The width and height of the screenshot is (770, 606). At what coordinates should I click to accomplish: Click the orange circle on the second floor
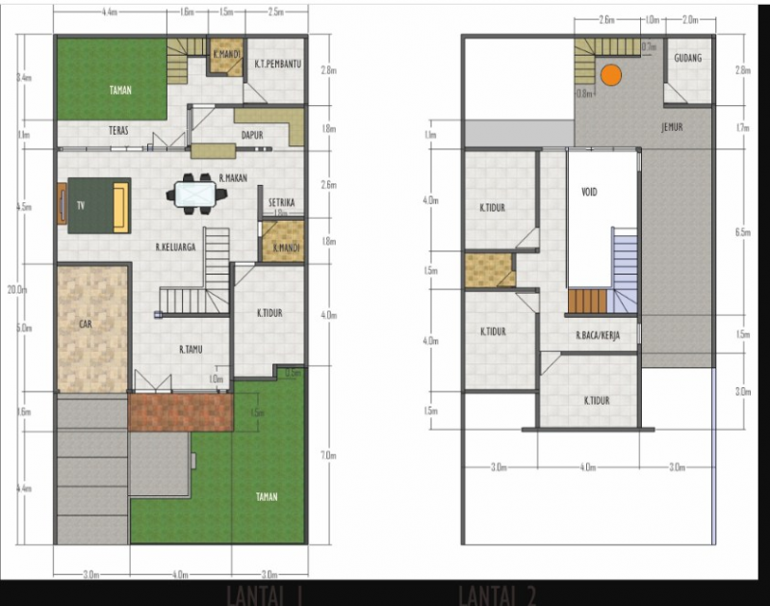click(610, 73)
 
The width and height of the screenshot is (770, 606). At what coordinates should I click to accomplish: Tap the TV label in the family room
click(81, 206)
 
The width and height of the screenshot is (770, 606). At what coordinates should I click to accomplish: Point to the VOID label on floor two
click(590, 192)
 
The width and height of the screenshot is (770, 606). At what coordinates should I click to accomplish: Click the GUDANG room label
click(687, 59)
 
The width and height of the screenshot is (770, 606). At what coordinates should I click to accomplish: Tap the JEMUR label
click(673, 127)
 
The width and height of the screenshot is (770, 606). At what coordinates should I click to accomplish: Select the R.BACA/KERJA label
click(597, 336)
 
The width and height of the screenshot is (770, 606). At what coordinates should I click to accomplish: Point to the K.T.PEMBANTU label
click(278, 65)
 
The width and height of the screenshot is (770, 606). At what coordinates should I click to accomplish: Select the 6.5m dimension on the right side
click(742, 232)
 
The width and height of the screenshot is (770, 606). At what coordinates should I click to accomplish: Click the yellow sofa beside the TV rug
click(120, 205)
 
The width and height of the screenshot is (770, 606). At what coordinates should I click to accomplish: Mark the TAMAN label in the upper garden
click(119, 92)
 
